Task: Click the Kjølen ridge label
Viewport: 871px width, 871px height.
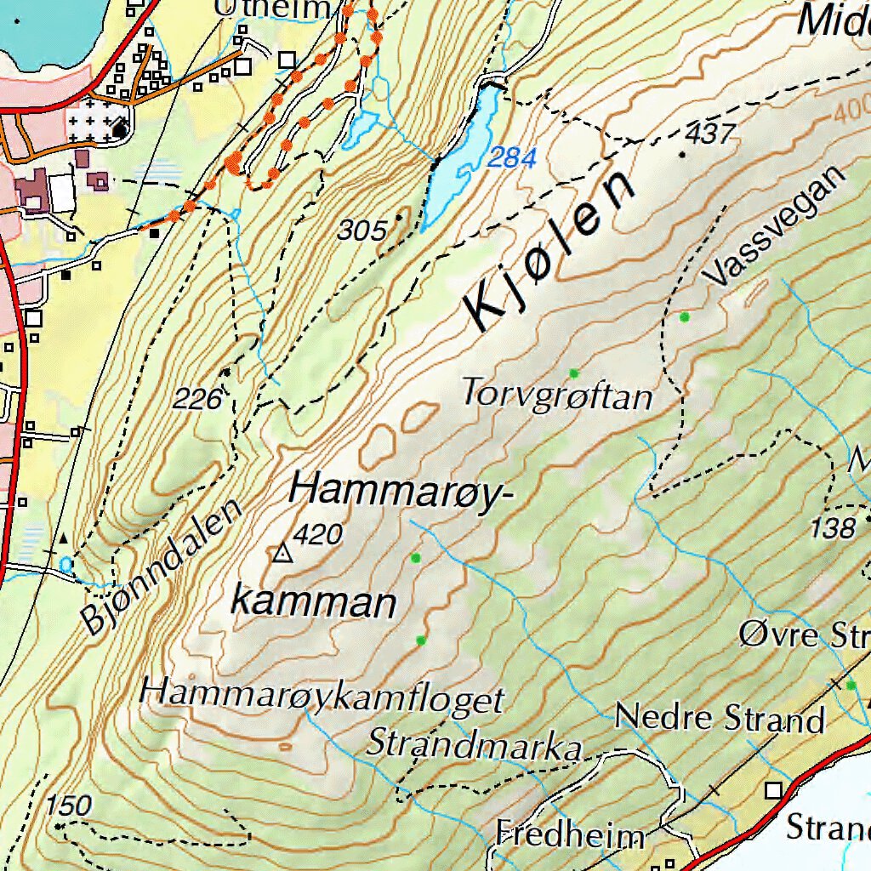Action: [x=549, y=252]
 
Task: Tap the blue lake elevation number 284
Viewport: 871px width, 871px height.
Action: [x=513, y=157]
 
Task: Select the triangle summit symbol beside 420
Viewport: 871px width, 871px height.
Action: [x=282, y=555]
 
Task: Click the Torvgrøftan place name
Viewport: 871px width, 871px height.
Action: [x=557, y=396]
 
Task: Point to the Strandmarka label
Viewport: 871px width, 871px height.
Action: [x=474, y=745]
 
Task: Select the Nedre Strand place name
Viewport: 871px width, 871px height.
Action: [x=720, y=719]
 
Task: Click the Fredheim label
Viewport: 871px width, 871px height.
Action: [x=570, y=834]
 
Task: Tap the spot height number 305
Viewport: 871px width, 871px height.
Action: [x=362, y=230]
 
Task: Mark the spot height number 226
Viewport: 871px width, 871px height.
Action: [x=197, y=397]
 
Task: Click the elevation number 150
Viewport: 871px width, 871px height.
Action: [x=68, y=805]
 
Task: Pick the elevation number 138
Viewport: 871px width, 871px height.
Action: [x=832, y=528]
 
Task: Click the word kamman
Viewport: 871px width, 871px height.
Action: [x=314, y=603]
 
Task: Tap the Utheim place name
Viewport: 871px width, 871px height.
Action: [x=271, y=9]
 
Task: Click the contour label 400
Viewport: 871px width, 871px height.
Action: [x=851, y=112]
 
